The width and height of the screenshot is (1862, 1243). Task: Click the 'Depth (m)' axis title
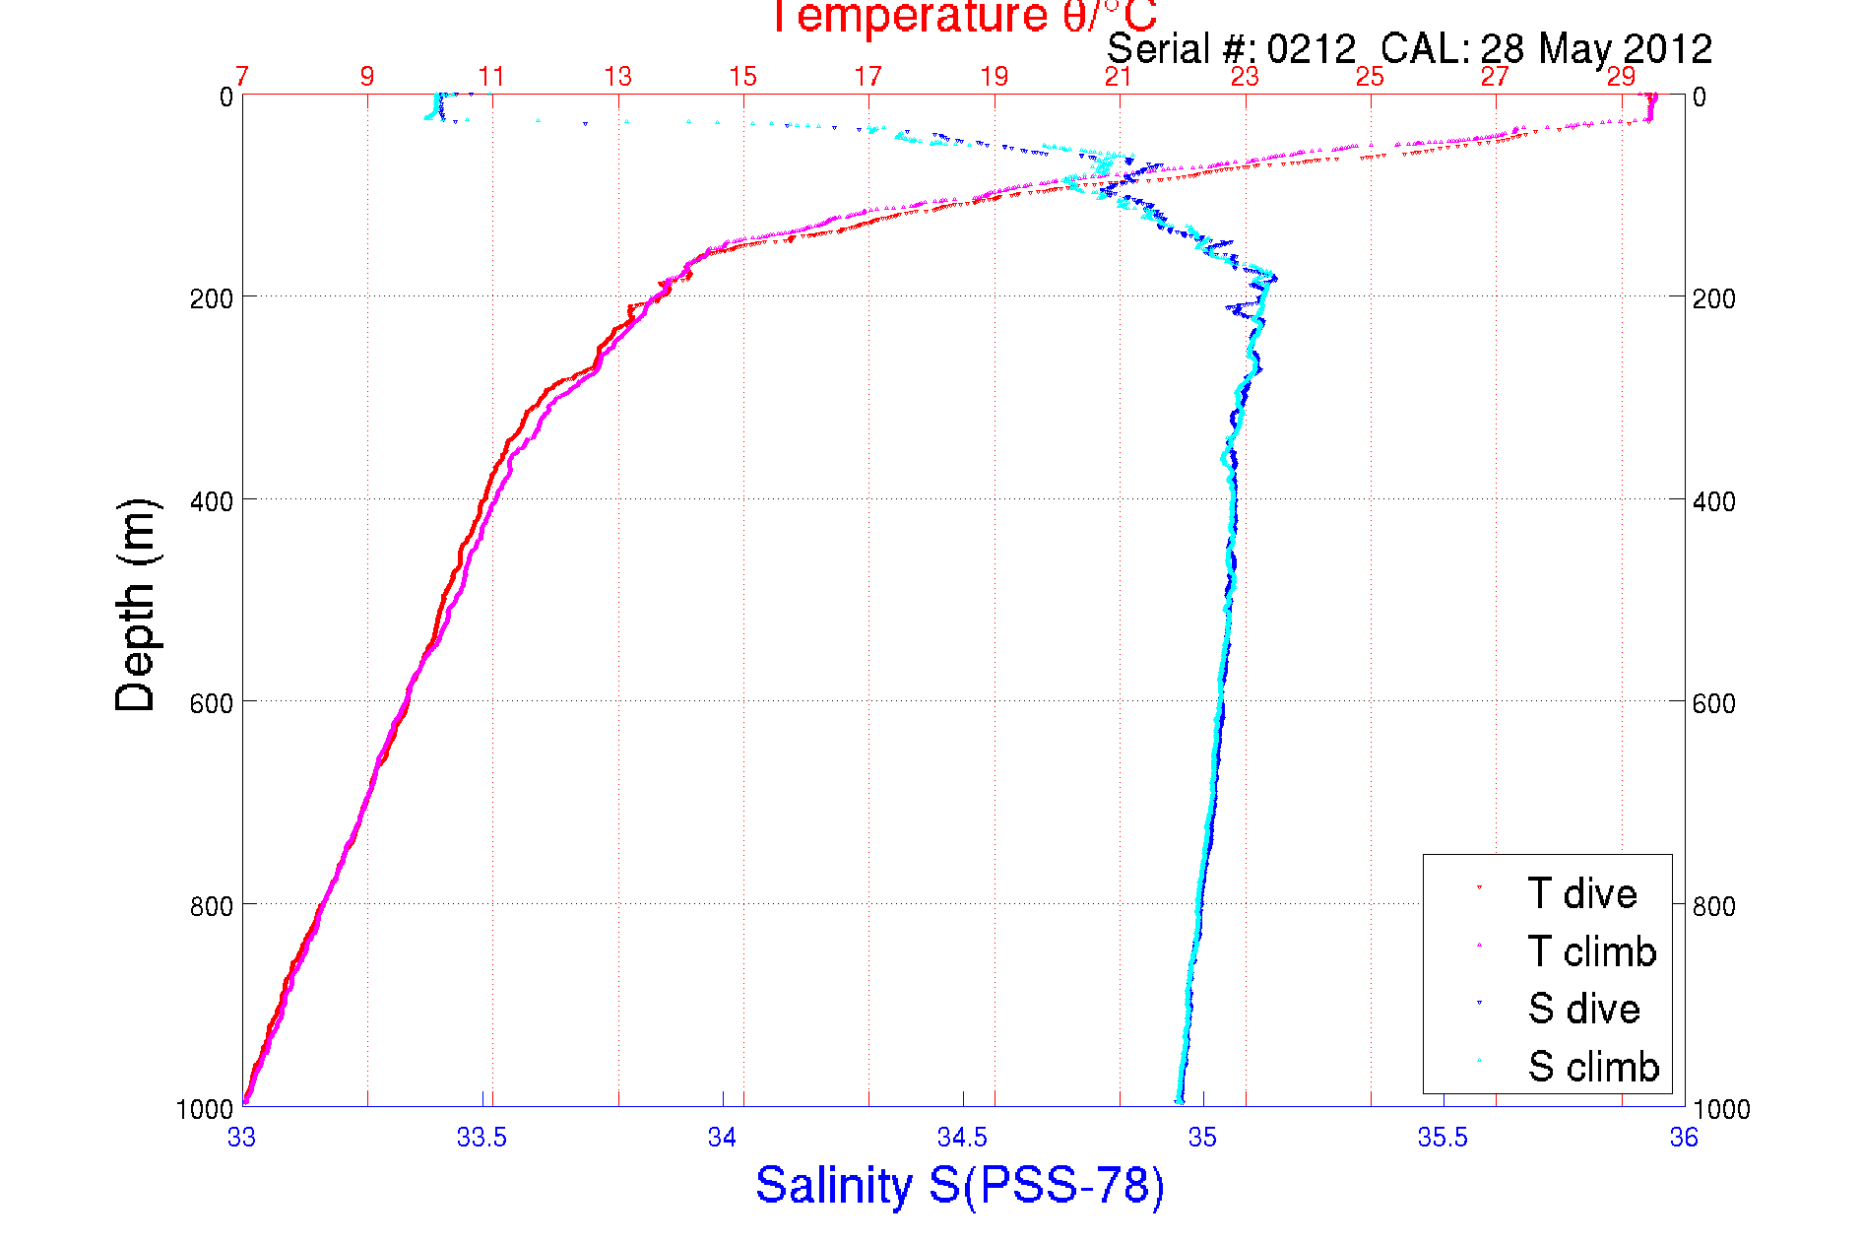tap(136, 605)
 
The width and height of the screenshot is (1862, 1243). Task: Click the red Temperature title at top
tap(962, 17)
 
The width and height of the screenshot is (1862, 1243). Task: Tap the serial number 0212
tap(1311, 49)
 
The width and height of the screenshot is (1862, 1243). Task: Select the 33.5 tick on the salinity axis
tap(482, 1138)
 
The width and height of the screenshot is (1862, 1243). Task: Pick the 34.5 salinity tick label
tap(962, 1138)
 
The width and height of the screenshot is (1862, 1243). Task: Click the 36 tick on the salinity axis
tap(1683, 1138)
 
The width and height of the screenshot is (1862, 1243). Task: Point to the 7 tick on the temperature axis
tap(242, 77)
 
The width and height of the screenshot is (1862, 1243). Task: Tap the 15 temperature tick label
tap(742, 77)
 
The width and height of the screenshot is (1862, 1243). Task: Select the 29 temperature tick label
tap(1621, 77)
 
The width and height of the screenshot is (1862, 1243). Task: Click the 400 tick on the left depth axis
tap(211, 501)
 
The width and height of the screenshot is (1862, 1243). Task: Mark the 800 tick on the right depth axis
tap(1713, 905)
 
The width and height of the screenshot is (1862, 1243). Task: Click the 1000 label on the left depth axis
tap(205, 1109)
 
